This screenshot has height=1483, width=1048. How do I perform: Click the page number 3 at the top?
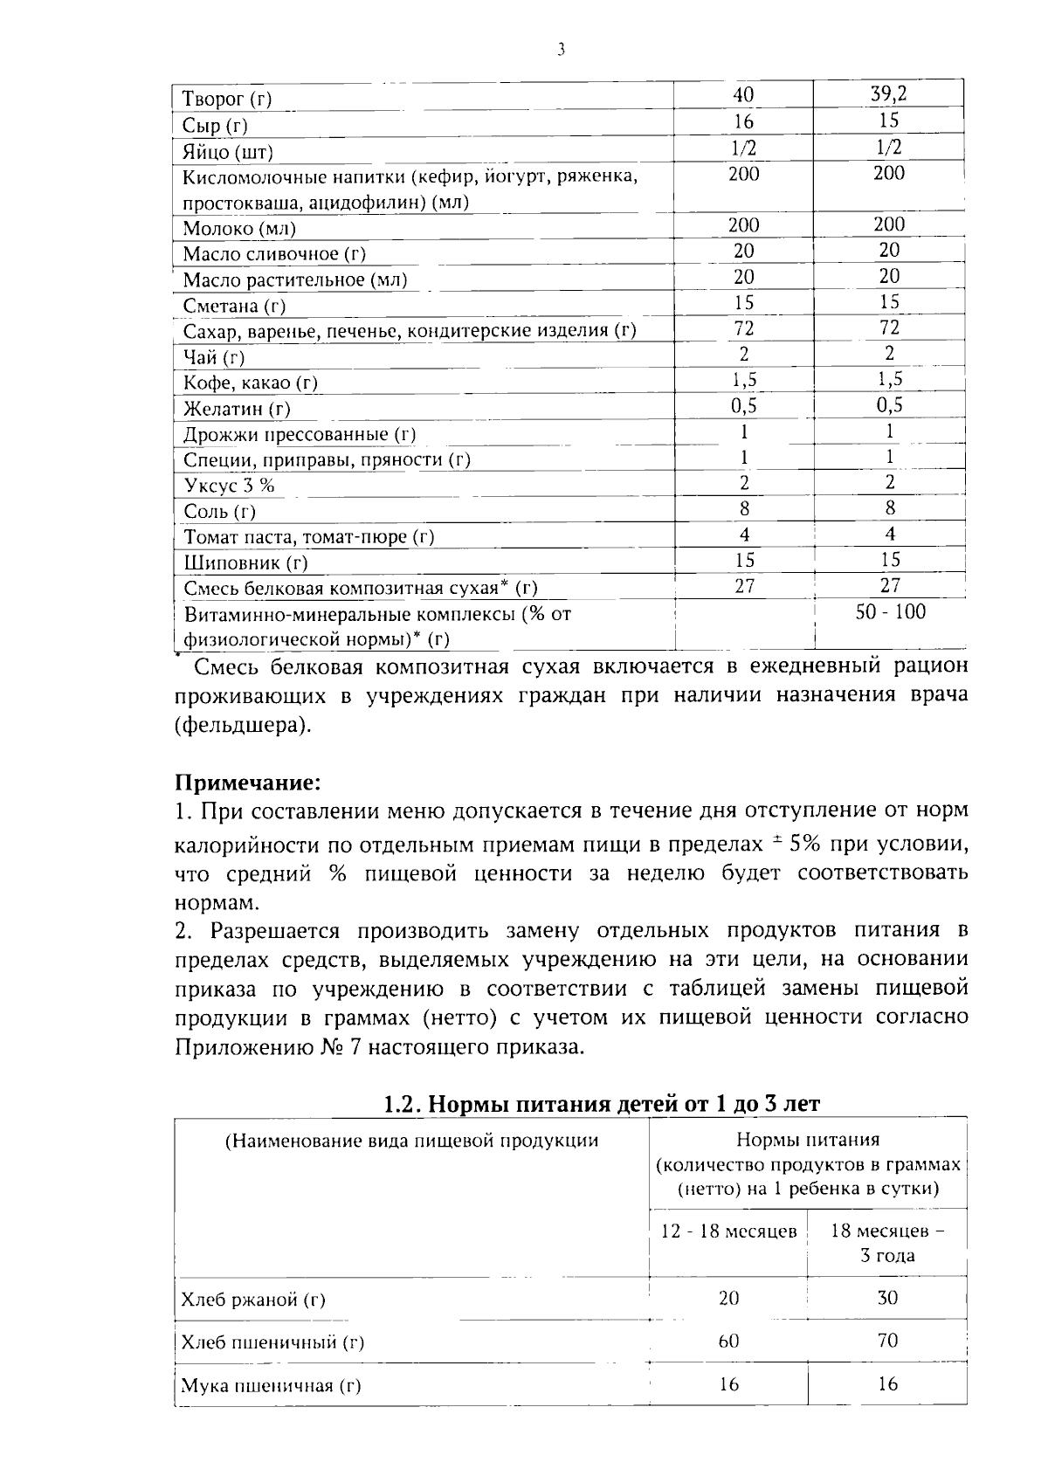tap(561, 50)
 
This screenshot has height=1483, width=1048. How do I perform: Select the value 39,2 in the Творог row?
tap(889, 94)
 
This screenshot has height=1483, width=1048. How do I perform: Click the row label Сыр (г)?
tap(215, 126)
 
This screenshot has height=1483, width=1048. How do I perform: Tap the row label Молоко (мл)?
tap(239, 230)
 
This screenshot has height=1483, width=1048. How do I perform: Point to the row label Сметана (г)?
tap(234, 307)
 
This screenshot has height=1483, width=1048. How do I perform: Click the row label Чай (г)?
tap(214, 357)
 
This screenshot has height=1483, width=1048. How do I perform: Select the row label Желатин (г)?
tap(237, 409)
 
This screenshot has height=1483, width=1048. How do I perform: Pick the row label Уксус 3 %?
tap(229, 486)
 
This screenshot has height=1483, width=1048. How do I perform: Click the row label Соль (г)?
tap(219, 512)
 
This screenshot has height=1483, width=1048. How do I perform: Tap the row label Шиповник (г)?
tap(245, 563)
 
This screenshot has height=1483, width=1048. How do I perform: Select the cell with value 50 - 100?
tap(890, 612)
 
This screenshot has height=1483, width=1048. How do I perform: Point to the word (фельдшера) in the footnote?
tap(242, 726)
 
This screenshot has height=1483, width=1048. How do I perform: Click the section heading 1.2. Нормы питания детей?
tap(602, 1104)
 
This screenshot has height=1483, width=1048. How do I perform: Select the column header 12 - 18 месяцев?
tap(728, 1231)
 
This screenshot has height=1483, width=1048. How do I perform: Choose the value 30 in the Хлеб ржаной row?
tap(887, 1299)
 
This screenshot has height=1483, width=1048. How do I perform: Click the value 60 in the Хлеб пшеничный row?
tap(728, 1341)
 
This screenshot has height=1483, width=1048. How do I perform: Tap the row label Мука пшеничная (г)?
tap(270, 1386)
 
